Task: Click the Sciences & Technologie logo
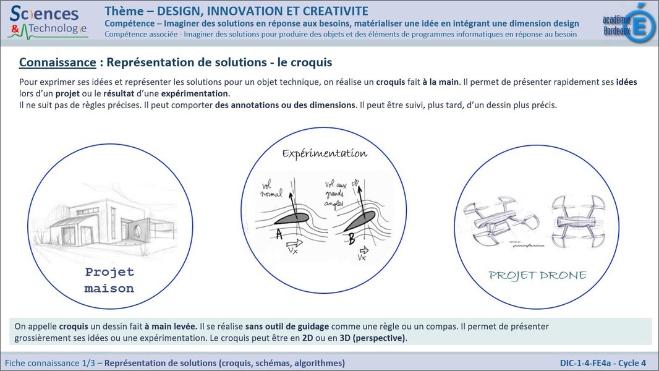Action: pyautogui.click(x=48, y=20)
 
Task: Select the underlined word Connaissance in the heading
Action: pyautogui.click(x=57, y=62)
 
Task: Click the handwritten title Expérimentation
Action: pyautogui.click(x=325, y=153)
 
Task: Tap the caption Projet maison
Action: pyautogui.click(x=109, y=280)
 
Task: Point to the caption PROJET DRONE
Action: pyautogui.click(x=537, y=275)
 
